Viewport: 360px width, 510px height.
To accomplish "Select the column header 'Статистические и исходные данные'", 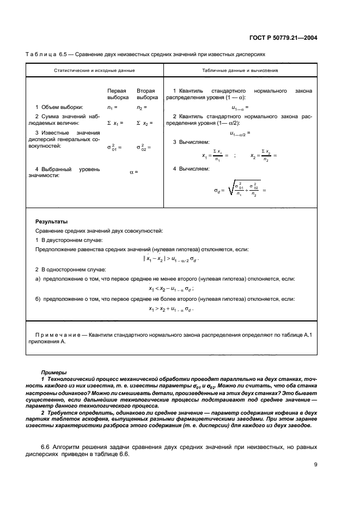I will [94, 71].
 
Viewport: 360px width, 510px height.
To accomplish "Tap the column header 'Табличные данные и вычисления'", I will [240, 71].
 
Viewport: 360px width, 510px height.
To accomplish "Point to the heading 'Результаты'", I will [52, 222].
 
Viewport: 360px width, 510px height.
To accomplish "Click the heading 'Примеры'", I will [53, 372].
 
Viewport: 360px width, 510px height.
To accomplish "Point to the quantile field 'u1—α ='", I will [240, 107].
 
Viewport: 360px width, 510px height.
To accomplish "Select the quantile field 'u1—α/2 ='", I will [240, 132].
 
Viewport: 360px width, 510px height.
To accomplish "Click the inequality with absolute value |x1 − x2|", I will [171, 259].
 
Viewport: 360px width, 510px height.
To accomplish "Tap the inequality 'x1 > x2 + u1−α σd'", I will [171, 308].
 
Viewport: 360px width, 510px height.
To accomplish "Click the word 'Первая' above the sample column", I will [117, 90].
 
